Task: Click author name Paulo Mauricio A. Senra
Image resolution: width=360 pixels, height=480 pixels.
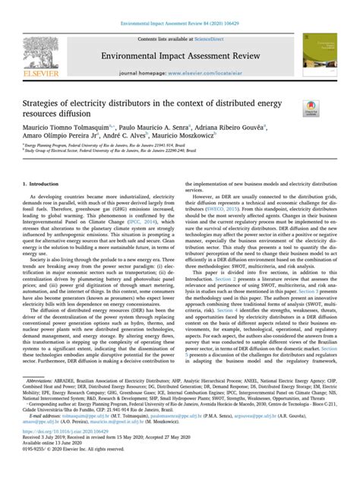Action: (155, 131)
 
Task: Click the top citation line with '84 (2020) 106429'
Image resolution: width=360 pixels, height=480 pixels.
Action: (179, 6)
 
